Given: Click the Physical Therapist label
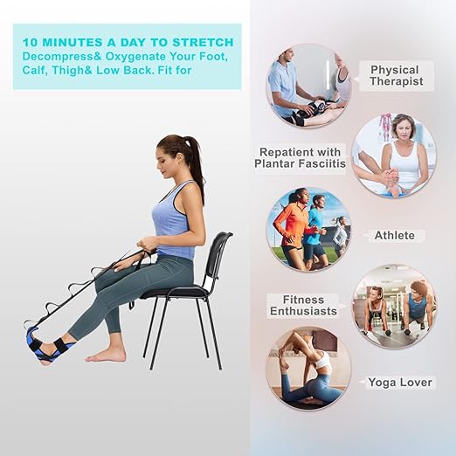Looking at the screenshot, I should [395, 75].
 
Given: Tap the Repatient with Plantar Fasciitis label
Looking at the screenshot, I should [301, 156].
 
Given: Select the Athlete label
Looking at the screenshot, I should [395, 235].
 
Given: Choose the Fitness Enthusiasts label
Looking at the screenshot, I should [303, 306].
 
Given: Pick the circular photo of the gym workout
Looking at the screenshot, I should [394, 307].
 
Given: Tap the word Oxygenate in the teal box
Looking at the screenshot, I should [122, 57].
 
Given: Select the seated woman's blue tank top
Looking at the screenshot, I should [175, 220].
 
